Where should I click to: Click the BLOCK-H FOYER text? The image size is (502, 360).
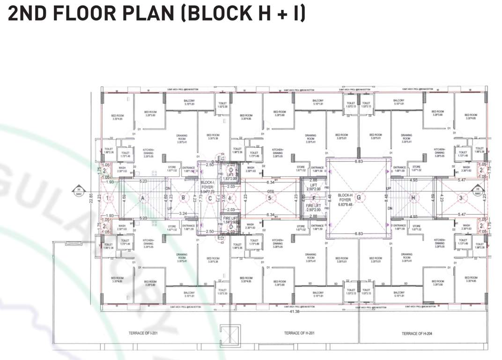click(344, 199)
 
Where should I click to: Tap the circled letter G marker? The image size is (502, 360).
click(359, 198)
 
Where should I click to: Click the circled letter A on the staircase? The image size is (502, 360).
click(142, 198)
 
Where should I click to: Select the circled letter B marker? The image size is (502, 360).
click(184, 198)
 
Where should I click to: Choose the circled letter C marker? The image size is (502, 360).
click(210, 198)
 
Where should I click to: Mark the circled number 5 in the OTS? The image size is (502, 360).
click(270, 198)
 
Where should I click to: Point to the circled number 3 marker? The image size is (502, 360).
click(461, 198)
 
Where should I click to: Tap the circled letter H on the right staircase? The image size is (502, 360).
click(413, 198)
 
